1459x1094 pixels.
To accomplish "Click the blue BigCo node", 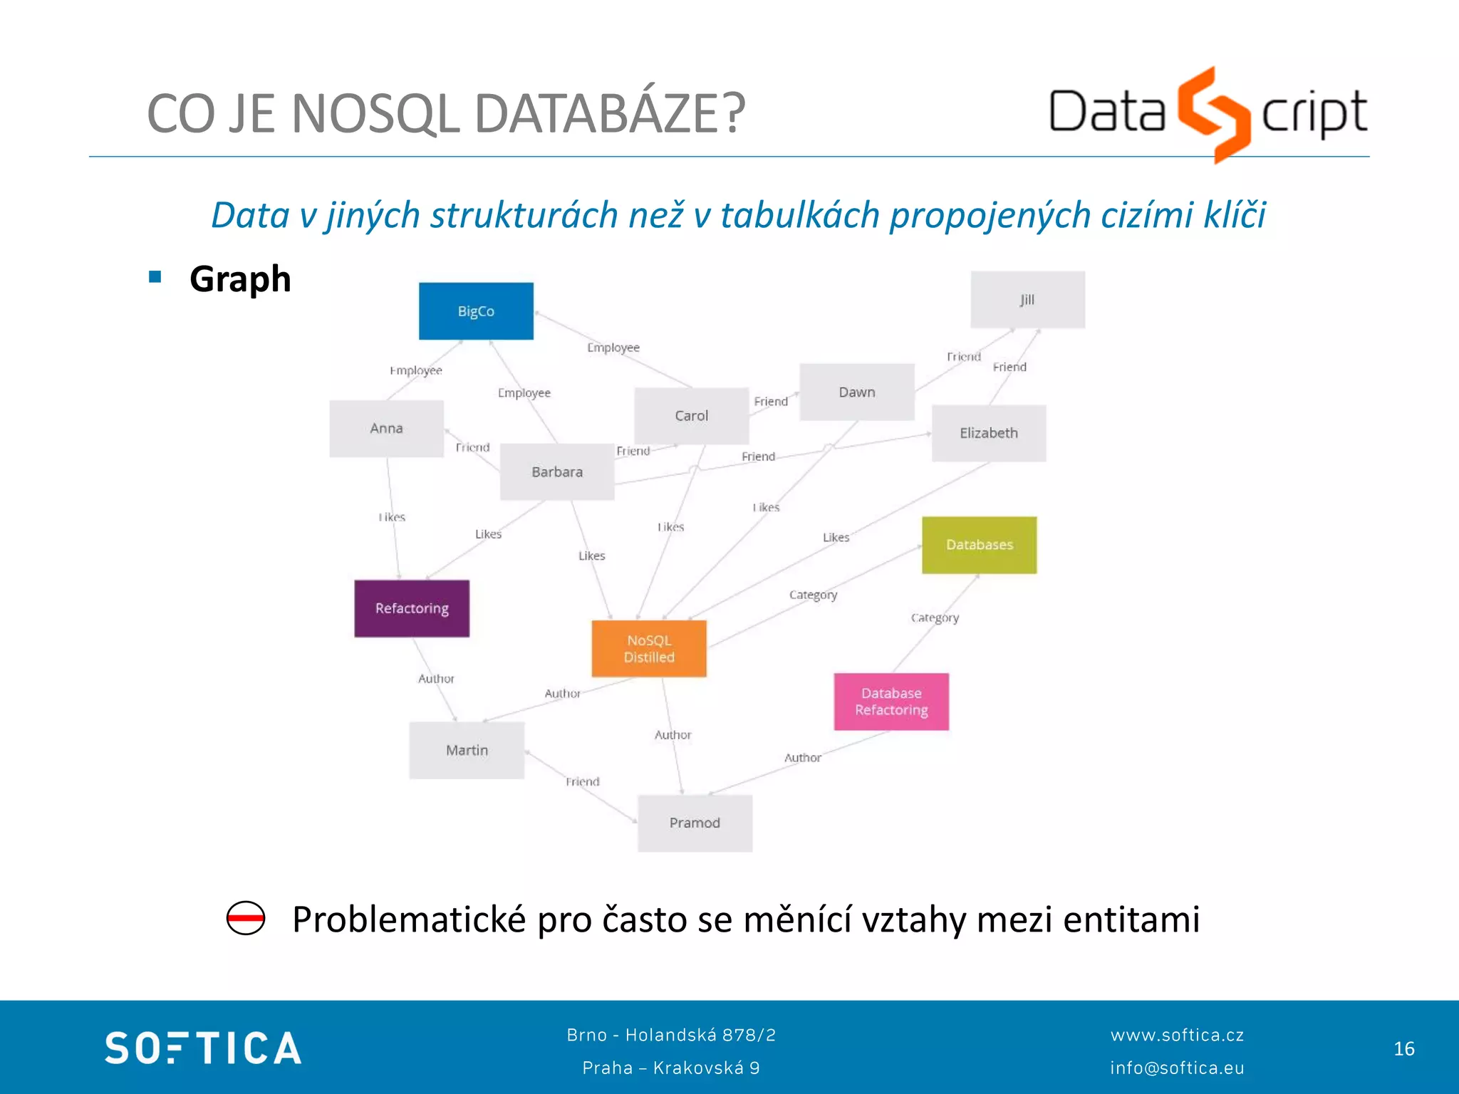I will tap(476, 311).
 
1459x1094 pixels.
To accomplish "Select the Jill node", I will tap(1027, 300).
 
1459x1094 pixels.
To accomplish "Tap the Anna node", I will tap(386, 428).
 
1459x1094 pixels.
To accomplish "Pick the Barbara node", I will tap(557, 472).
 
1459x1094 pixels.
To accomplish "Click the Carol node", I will tap(691, 416).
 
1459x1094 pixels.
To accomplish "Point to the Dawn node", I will tap(856, 392).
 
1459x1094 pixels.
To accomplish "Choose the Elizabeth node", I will tap(988, 433).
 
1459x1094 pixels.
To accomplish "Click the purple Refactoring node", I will tap(412, 608).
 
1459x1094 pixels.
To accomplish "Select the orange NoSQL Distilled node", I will tap(649, 648).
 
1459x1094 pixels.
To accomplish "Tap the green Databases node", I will tap(979, 545).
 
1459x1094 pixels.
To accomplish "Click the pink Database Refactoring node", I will tap(891, 702).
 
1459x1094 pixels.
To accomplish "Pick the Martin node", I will tap(467, 750).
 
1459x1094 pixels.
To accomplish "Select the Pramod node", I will tap(695, 823).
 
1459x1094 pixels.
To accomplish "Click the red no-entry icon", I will tap(246, 918).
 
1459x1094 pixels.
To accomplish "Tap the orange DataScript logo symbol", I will tap(1213, 114).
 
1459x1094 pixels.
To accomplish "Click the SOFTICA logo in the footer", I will tap(203, 1048).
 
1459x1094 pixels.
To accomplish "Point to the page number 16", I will tap(1403, 1048).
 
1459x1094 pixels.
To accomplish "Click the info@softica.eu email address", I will tap(1177, 1068).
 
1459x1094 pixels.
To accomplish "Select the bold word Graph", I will tap(240, 278).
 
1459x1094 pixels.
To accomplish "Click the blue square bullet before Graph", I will tap(155, 276).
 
